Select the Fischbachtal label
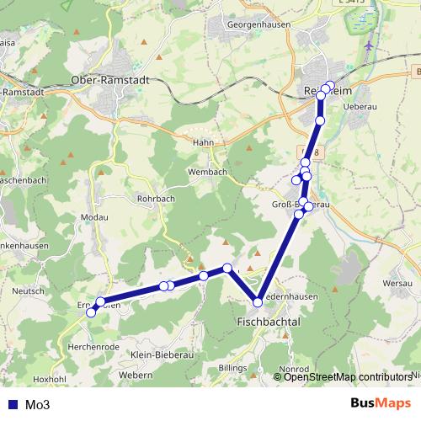(269, 322)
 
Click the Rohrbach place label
(154, 199)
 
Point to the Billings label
(233, 369)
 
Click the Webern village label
(136, 374)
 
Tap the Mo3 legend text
(38, 404)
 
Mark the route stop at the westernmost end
(91, 310)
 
